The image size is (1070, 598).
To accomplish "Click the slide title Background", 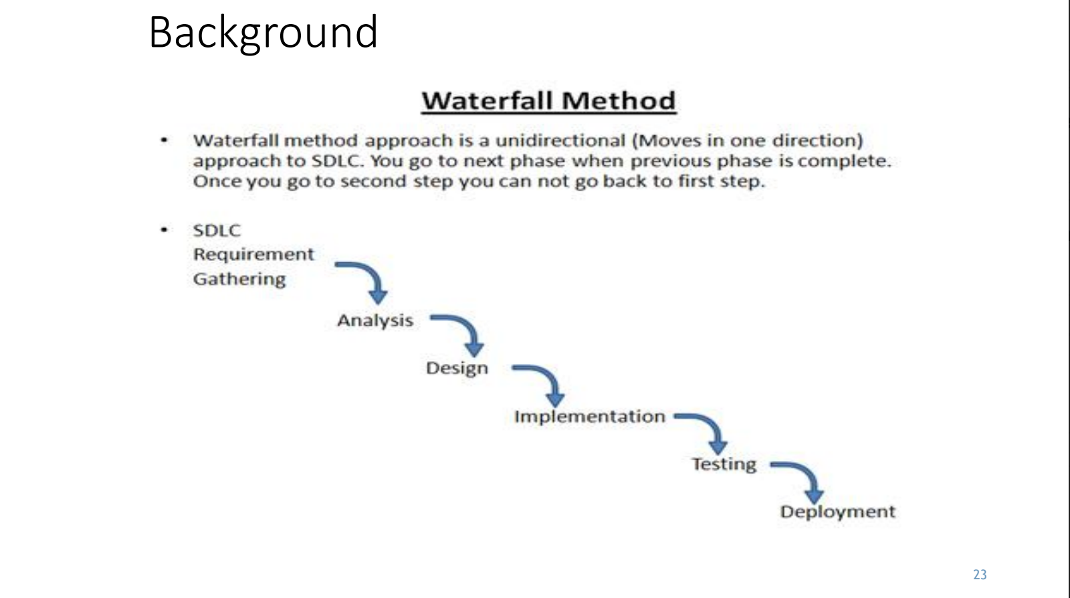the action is point(263,32).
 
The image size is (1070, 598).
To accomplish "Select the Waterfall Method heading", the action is point(548,101).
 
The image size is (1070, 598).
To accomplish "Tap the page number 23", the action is point(980,575).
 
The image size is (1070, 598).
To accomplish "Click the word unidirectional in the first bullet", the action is point(560,140).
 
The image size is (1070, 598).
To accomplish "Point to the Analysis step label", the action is point(375,320).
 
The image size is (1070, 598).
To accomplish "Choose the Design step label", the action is point(457,368).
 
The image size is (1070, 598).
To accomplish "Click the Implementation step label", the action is point(589,416).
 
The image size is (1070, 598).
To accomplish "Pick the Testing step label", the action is point(724,464).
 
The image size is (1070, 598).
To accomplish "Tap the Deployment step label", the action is point(837,512).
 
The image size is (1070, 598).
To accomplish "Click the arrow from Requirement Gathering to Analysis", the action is point(364,280).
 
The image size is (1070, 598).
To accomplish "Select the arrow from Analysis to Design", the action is point(461,332).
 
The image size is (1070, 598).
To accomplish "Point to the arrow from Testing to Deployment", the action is point(800,478).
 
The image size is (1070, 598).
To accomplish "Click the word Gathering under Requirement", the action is point(239,279).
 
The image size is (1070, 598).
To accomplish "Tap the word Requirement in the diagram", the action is point(253,255).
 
